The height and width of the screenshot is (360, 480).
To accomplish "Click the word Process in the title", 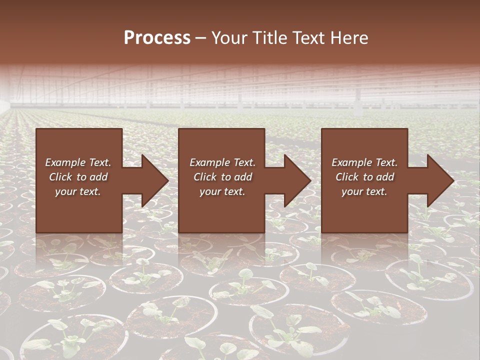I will [157, 38].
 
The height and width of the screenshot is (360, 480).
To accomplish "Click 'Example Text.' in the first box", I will [78, 162].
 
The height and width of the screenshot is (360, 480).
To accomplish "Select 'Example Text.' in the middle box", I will [222, 162].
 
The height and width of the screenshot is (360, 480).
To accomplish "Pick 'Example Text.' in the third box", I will [364, 162].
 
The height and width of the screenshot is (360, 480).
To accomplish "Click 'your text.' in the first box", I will [78, 191].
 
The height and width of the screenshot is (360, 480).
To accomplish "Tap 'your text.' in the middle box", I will [222, 191].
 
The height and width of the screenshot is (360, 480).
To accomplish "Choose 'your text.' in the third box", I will [364, 191].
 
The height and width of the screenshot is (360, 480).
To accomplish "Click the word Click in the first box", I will [60, 177].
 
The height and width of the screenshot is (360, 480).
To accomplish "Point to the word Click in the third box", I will [347, 177].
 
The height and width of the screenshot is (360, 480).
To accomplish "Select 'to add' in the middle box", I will [236, 177].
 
